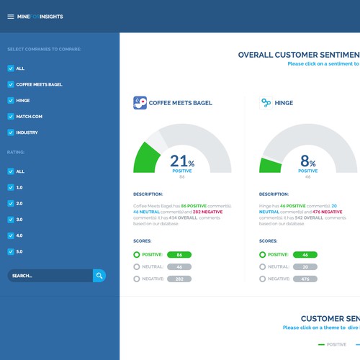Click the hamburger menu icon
(x=11, y=17)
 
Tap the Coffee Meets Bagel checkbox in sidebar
(x=10, y=84)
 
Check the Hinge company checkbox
(x=10, y=100)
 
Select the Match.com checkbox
(x=10, y=117)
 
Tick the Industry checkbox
(x=10, y=132)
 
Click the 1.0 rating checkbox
(x=10, y=187)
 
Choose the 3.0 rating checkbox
(x=10, y=219)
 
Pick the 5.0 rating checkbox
(x=10, y=251)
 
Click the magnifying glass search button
(x=99, y=275)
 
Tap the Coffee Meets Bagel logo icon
(x=140, y=103)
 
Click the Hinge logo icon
(x=266, y=103)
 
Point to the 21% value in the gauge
(x=181, y=162)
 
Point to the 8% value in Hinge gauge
(x=307, y=162)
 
